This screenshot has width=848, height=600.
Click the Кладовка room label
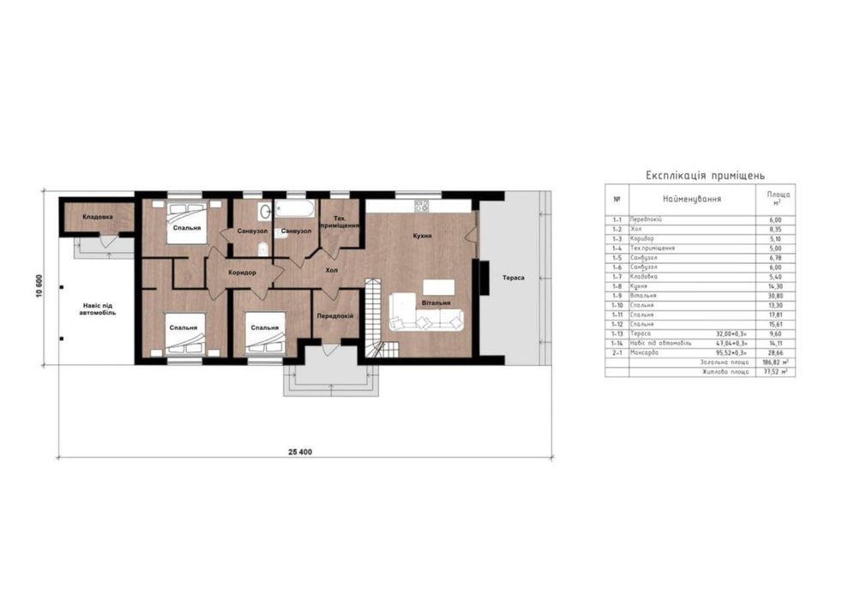97,217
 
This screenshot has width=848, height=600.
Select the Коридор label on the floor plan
243,273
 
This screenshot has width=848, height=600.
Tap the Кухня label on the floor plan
421,236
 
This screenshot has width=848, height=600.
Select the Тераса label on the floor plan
514,278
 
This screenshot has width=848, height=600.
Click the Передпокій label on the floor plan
334,316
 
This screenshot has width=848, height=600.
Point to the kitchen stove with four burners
421,206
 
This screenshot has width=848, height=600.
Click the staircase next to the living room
375,317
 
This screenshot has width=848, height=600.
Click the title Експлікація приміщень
699,175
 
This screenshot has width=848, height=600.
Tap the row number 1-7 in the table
616,277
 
